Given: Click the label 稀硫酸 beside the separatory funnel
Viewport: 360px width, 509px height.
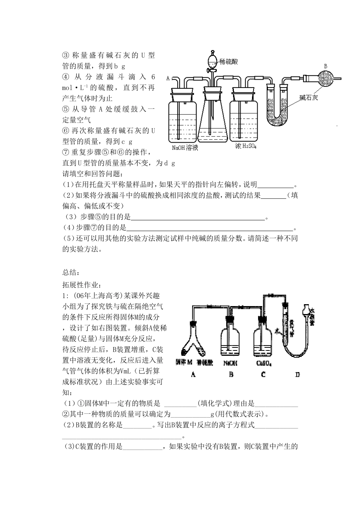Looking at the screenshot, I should pyautogui.click(x=229, y=61).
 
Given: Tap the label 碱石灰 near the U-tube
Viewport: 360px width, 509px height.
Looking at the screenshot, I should pyautogui.click(x=307, y=98).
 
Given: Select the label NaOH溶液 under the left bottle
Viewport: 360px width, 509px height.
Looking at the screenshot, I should pyautogui.click(x=185, y=148).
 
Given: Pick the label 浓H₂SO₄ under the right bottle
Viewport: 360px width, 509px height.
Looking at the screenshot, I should pyautogui.click(x=245, y=146).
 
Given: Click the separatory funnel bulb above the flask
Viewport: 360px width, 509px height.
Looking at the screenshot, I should pyautogui.click(x=212, y=61).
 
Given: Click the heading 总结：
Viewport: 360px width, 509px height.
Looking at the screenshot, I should pyautogui.click(x=71, y=272).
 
